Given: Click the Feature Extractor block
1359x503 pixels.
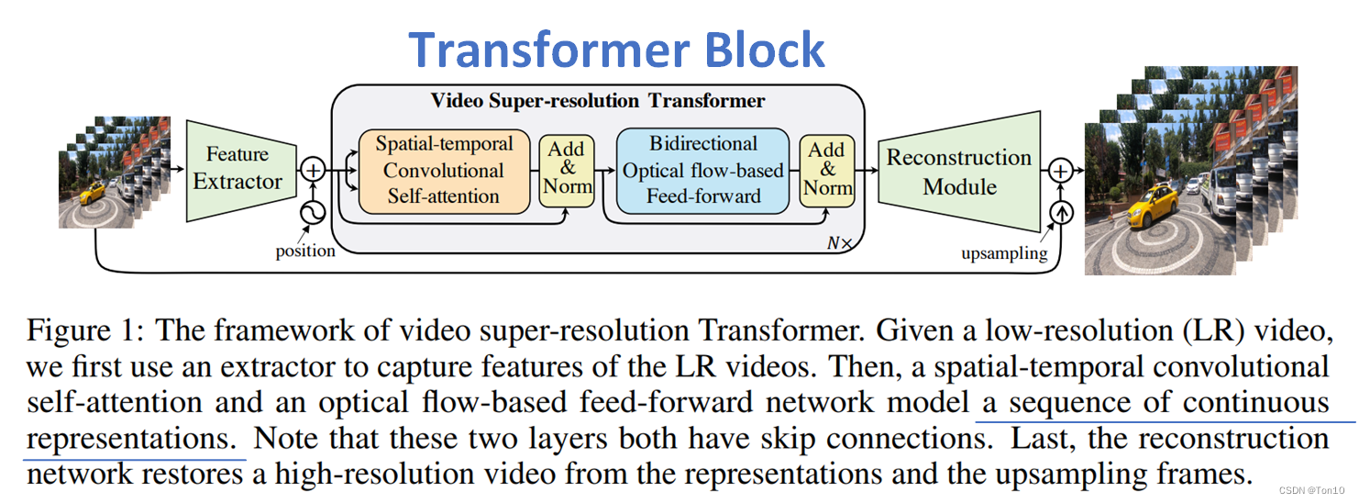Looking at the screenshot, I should (x=237, y=169).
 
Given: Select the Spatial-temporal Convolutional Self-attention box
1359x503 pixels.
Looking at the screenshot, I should (x=443, y=170).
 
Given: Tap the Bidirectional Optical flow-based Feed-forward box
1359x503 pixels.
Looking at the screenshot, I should (x=702, y=170).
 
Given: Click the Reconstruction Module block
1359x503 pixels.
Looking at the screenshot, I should (x=958, y=172).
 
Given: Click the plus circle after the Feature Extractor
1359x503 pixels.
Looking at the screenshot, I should (x=314, y=170).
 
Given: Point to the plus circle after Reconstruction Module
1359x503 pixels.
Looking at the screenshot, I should (x=1061, y=171).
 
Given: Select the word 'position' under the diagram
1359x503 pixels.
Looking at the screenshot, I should (x=305, y=251).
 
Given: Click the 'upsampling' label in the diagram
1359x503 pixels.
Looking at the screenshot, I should (x=1003, y=253).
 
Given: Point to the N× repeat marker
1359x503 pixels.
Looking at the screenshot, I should (x=839, y=244).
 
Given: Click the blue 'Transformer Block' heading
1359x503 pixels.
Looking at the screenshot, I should (x=616, y=50).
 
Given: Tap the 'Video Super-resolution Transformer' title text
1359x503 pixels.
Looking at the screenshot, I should (x=598, y=100).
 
